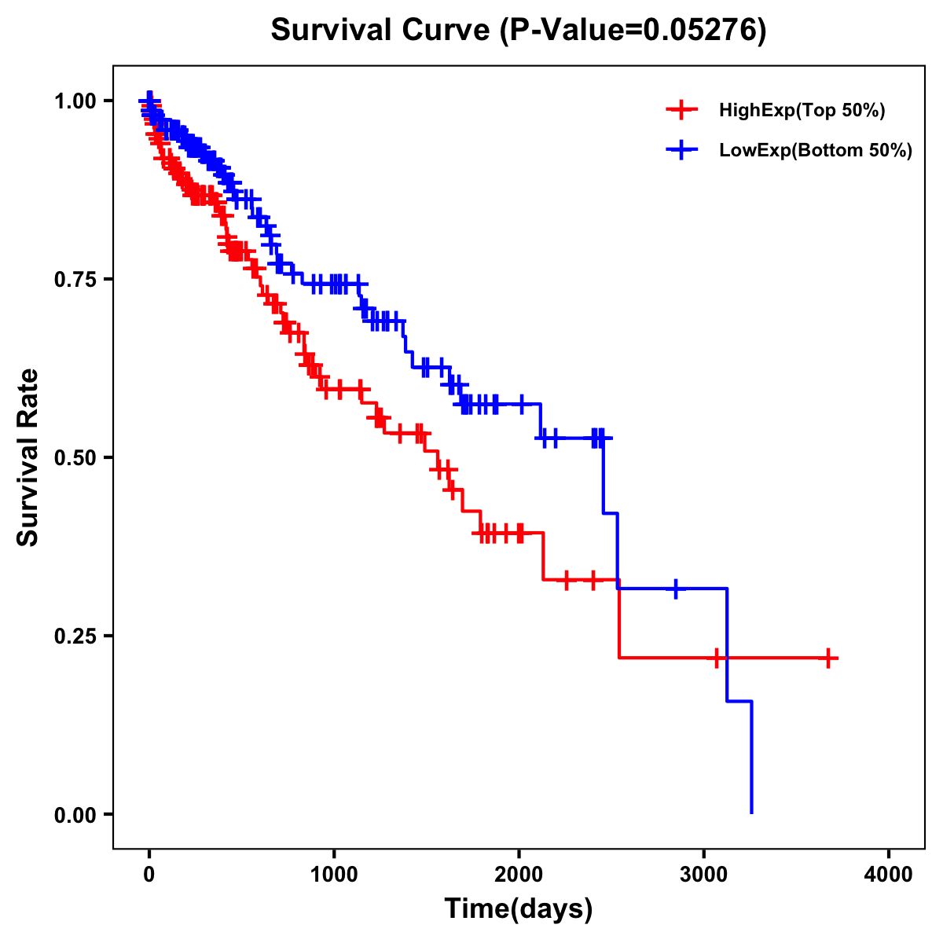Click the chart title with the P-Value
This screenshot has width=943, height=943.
[x=518, y=30]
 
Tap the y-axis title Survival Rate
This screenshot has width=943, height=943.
[x=28, y=457]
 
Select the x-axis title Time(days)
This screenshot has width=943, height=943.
[x=518, y=909]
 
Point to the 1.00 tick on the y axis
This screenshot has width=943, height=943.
[x=76, y=101]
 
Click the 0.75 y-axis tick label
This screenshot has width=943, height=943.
[x=76, y=279]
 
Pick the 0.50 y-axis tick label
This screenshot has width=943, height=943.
[x=76, y=457]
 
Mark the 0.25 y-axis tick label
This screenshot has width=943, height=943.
[x=76, y=636]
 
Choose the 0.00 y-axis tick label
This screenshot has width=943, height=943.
[x=76, y=814]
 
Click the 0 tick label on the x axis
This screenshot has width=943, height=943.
[x=149, y=875]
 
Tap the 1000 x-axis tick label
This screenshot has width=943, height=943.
[x=334, y=875]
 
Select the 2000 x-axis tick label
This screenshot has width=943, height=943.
[x=519, y=875]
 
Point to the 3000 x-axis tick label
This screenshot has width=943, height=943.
[x=704, y=875]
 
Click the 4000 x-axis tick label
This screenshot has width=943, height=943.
[x=889, y=875]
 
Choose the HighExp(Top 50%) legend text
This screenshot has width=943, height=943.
[x=802, y=111]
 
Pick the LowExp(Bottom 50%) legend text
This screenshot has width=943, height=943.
[x=816, y=151]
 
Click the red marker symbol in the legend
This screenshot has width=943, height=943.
[x=681, y=110]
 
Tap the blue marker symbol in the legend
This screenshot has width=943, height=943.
[x=681, y=150]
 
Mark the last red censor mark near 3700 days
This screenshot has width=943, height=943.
[x=828, y=658]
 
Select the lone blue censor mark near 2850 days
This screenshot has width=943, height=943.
[x=675, y=588]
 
